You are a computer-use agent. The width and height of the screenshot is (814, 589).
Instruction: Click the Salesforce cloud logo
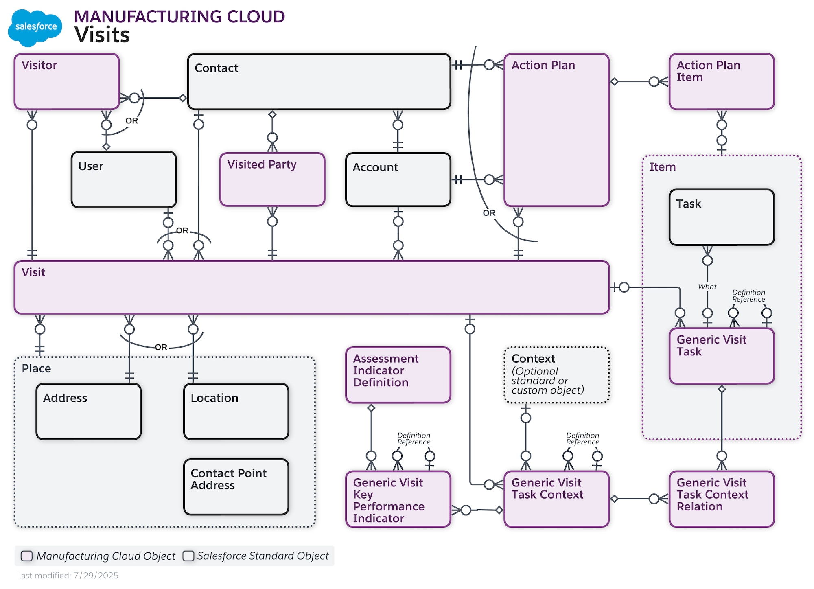35,27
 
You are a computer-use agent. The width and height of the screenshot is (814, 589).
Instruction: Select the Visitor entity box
67,81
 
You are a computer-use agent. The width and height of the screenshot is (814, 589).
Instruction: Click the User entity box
124,180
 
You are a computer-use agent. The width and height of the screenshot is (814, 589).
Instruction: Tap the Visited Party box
272,180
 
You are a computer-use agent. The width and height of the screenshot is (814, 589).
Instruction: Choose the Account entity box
398,180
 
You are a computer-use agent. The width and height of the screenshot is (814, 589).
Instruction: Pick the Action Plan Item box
721,81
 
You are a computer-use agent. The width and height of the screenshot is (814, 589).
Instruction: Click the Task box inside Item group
721,217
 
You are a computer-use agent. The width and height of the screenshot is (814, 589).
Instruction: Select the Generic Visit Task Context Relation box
721,499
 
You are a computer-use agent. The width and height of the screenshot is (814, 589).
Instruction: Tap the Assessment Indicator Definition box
398,374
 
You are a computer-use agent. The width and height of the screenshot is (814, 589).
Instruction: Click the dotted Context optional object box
556,374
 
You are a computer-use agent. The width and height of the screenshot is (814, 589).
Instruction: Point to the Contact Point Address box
236,486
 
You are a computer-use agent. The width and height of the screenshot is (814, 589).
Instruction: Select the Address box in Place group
88,411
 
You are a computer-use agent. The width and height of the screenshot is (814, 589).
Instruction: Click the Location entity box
236,411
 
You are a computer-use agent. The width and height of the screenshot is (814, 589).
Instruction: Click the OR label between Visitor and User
131,121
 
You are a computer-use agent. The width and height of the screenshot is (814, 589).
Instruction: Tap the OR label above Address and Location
161,347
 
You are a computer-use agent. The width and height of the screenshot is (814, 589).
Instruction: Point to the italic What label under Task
707,287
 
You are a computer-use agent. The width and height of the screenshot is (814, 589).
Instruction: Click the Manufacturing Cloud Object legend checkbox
27,556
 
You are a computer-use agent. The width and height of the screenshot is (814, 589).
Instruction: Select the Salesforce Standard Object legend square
188,556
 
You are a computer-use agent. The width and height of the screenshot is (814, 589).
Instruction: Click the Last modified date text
68,575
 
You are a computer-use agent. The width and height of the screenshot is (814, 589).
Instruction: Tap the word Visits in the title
102,35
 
